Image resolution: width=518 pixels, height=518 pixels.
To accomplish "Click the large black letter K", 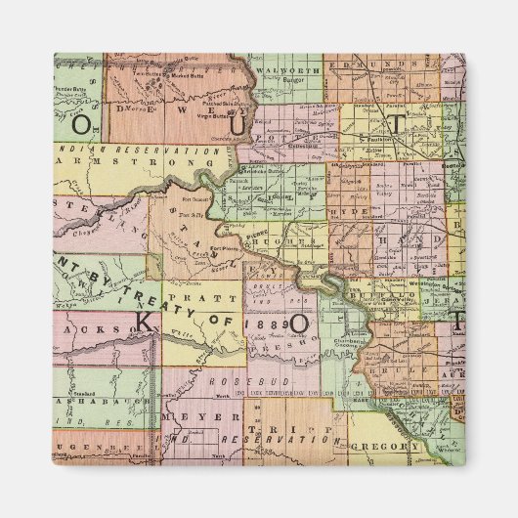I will (144, 322).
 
